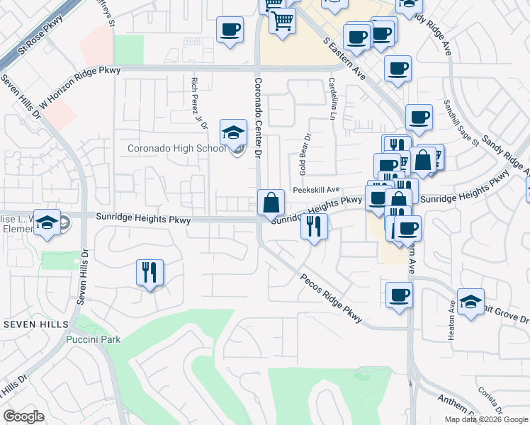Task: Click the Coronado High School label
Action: click(176, 149)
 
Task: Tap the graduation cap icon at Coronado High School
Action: click(232, 132)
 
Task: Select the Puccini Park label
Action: click(93, 339)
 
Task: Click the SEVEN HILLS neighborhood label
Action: click(36, 324)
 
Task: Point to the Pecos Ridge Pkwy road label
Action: click(331, 299)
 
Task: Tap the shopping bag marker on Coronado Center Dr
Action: click(271, 203)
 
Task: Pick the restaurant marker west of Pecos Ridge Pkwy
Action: click(150, 273)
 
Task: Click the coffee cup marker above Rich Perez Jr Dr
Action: click(229, 30)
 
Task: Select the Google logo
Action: click(24, 416)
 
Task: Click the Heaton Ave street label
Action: click(451, 321)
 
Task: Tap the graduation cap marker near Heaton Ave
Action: click(470, 301)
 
